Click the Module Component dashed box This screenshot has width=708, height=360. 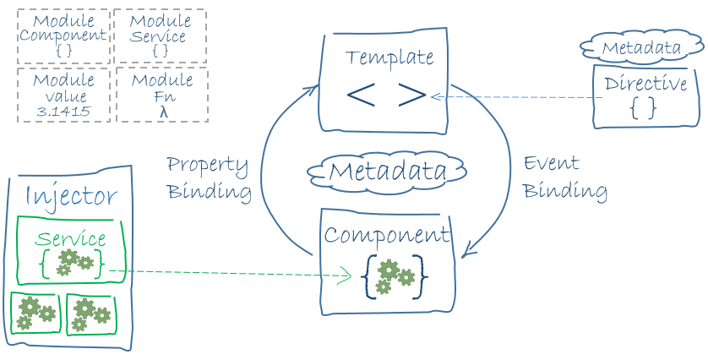(63, 36)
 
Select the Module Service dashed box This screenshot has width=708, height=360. (161, 36)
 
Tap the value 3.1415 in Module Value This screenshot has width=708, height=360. (63, 111)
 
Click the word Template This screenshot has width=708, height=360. (389, 57)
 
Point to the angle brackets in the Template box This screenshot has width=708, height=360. (385, 95)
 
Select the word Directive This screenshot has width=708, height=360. (645, 85)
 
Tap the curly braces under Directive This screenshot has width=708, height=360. (644, 107)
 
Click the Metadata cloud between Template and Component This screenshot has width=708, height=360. (388, 172)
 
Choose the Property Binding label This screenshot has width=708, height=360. (209, 177)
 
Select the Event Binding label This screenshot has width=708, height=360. (564, 177)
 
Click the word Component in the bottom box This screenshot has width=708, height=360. (387, 235)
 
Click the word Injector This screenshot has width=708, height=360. (71, 196)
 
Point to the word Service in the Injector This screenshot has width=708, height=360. (71, 239)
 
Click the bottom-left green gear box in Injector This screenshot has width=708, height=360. (35, 313)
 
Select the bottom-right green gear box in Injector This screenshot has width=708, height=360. (90, 314)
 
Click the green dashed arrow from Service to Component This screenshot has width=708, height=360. (228, 273)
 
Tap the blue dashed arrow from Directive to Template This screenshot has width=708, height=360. (515, 97)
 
